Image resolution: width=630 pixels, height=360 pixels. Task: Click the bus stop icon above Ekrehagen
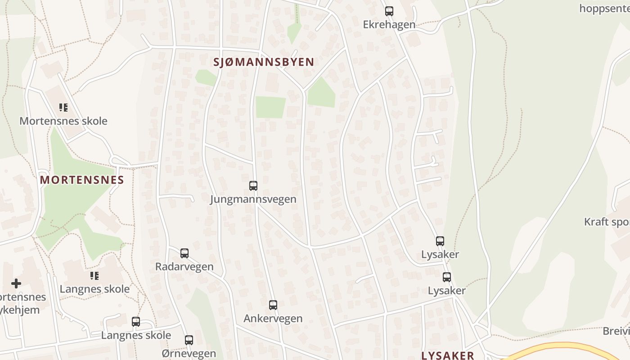[x=389, y=11]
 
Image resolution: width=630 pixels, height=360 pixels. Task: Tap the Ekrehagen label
[x=389, y=24]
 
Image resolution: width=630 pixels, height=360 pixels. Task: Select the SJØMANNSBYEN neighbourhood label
[x=264, y=62]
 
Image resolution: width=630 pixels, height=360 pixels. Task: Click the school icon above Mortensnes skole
[x=63, y=108]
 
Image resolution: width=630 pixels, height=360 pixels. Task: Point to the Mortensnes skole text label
[x=63, y=121]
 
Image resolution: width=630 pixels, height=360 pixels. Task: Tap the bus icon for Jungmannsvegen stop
[x=253, y=185]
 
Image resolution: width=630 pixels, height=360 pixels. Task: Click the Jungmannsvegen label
[x=253, y=199]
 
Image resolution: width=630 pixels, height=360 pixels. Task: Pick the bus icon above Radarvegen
[x=184, y=253]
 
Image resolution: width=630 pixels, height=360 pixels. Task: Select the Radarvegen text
[x=184, y=266]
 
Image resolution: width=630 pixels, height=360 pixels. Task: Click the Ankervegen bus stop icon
[x=273, y=305]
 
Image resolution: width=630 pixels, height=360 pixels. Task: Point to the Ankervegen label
[x=273, y=319]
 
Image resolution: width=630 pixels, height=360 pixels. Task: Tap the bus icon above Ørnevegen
[x=189, y=340]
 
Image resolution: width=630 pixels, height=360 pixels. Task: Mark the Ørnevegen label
[x=189, y=354]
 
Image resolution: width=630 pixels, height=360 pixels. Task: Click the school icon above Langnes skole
[x=94, y=275]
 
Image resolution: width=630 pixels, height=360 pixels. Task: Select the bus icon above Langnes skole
[x=136, y=321]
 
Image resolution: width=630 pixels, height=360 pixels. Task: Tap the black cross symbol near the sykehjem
[x=16, y=283]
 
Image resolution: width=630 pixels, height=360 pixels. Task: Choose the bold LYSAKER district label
[x=448, y=355]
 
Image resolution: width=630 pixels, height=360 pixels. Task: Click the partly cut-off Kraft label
[x=607, y=222]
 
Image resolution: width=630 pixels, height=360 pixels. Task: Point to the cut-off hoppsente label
[x=604, y=8]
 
